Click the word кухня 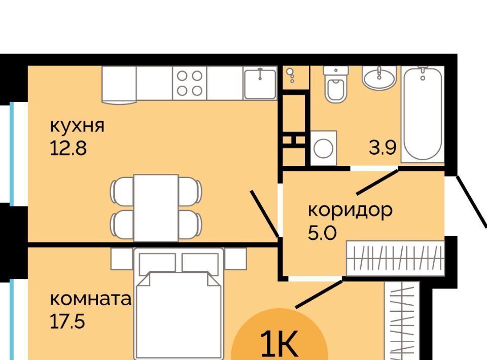pos(77,126)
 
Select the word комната pos(91,299)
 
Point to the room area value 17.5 pos(67,321)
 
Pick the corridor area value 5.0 pos(322,233)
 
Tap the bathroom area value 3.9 pos(382,148)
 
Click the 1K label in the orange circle pos(280,344)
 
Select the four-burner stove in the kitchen pos(189,83)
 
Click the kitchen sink pos(260,84)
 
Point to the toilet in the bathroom pos(336,84)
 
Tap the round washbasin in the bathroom pos(379,78)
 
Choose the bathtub pos(423,114)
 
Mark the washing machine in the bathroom pos(324,148)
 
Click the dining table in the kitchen pos(156,208)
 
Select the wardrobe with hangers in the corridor pos(395,258)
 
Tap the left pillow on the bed pos(157,263)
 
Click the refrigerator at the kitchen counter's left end pos(119,84)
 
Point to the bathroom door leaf pos(377,182)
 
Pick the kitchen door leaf pos(265,214)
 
